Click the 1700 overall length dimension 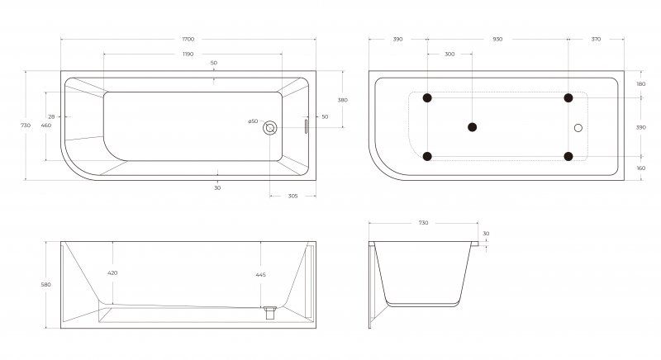[x=188, y=39]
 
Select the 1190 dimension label [x=188, y=54]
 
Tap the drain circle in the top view [x=270, y=128]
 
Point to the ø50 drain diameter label [x=253, y=121]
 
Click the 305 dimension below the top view [x=293, y=196]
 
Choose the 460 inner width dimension [x=45, y=126]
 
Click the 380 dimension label [x=343, y=100]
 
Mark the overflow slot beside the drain [x=307, y=126]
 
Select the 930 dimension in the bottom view [x=498, y=39]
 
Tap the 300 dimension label [x=449, y=54]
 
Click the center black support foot [x=472, y=127]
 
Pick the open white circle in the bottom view [x=578, y=128]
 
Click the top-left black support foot [x=427, y=98]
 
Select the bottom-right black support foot [x=568, y=157]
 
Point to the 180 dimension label [x=641, y=84]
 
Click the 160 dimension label [x=641, y=168]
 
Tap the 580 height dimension [x=45, y=285]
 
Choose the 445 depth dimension [x=260, y=275]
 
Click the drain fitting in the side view [x=270, y=313]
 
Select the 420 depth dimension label [x=112, y=272]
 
